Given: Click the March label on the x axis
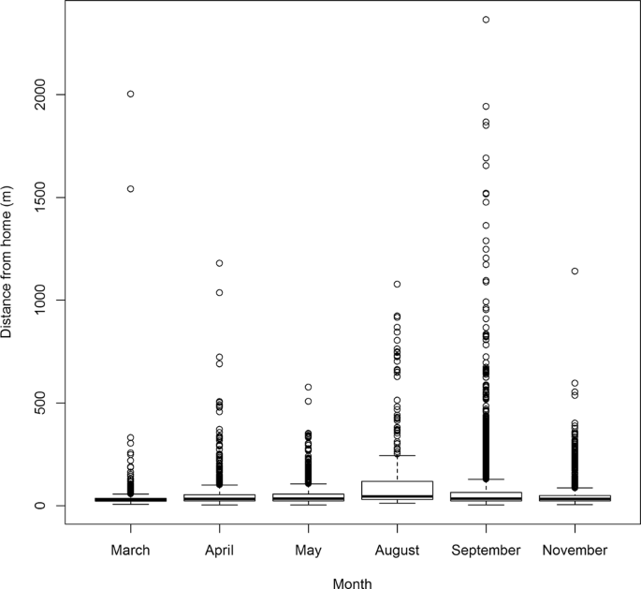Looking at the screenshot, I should click(130, 551).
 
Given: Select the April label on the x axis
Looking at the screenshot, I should click(219, 551).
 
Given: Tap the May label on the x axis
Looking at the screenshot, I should click(308, 551).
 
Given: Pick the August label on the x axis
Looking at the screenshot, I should click(397, 551).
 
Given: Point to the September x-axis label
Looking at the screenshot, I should click(486, 551).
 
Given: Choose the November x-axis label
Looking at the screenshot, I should click(575, 551).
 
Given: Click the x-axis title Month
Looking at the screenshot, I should click(352, 582).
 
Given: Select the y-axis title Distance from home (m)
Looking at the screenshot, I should click(8, 262).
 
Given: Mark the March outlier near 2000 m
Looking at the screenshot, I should click(130, 94).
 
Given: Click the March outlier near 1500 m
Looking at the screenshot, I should click(130, 189).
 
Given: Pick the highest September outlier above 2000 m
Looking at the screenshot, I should click(486, 20).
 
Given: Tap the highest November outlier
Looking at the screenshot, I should click(575, 272).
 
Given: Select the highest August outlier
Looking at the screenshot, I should click(397, 284).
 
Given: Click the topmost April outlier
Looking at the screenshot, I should click(219, 263).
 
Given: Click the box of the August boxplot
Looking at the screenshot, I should click(397, 491).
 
